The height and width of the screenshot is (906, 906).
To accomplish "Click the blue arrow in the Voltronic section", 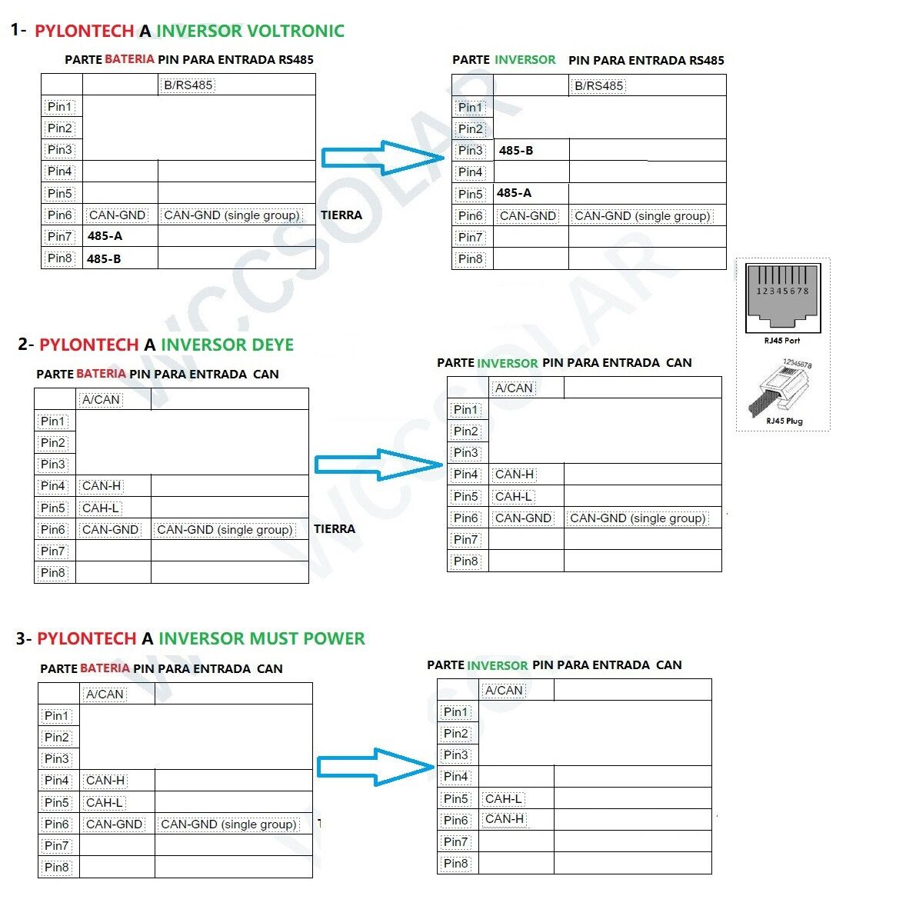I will [382, 157].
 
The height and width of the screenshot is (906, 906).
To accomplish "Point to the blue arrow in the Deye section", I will [378, 465].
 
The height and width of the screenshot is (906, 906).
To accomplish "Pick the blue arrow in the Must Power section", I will [376, 766].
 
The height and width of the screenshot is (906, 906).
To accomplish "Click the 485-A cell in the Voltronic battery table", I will [105, 236].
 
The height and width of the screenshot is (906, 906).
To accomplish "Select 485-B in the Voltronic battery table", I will [104, 258].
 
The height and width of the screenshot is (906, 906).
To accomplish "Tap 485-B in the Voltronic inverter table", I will [515, 151].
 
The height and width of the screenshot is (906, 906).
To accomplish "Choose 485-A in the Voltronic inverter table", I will [514, 193].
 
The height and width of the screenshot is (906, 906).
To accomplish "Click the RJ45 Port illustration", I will [782, 299].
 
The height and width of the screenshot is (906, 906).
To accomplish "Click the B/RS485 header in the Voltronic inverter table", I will [598, 85].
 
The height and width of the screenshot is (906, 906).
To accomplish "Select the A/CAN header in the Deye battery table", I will [101, 399].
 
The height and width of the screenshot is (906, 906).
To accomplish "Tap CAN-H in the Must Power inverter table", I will [505, 819].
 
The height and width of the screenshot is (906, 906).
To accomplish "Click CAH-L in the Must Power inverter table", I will [504, 798].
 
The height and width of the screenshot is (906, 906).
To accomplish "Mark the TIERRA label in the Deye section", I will [335, 529].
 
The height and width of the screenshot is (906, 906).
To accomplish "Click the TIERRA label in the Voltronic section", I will [341, 215].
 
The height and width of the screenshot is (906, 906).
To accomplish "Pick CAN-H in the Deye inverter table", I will [515, 475].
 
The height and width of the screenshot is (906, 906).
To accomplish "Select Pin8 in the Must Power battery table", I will [56, 868].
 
